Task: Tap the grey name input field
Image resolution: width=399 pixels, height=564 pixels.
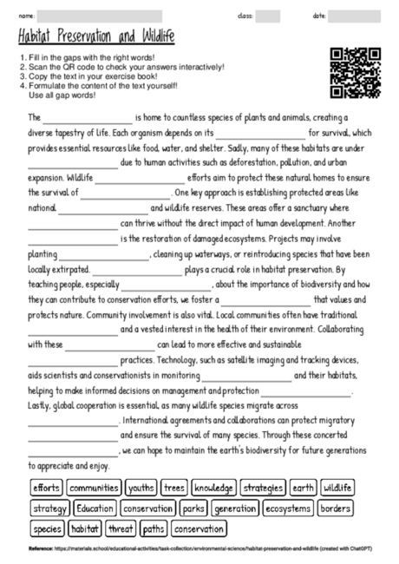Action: (x=101, y=16)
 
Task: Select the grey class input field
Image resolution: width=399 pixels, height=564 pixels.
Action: (x=268, y=16)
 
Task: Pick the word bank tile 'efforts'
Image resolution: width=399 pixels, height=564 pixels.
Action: (x=47, y=488)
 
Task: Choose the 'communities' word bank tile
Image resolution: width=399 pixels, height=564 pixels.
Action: (x=95, y=488)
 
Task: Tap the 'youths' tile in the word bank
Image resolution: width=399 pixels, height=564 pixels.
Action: (x=141, y=488)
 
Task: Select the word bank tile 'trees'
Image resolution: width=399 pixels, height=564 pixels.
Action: (x=174, y=488)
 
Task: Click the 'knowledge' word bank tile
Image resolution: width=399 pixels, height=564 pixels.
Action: (x=213, y=488)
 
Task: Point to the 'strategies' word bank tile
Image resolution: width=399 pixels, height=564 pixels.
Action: (x=264, y=488)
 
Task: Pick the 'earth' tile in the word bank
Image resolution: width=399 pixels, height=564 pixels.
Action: (x=304, y=488)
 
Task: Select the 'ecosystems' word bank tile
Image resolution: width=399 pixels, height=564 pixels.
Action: (x=287, y=508)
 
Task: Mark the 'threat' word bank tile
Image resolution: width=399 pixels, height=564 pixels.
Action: (x=121, y=528)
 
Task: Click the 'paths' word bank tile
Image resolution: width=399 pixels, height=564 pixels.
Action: (x=154, y=528)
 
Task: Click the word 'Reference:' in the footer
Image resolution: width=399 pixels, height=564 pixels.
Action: (x=41, y=550)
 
